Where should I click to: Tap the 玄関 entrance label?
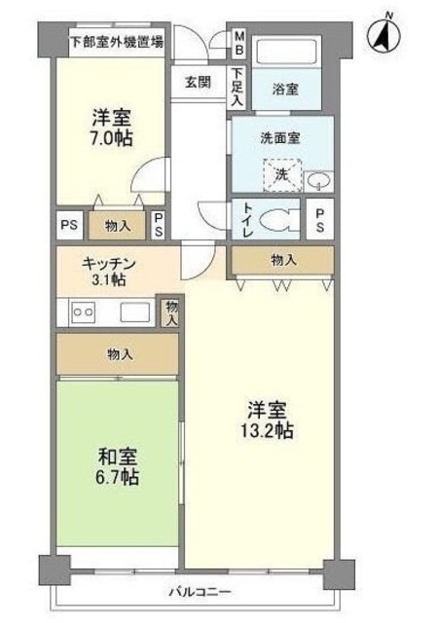(x=199, y=82)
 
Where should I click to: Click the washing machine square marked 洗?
(x=280, y=174)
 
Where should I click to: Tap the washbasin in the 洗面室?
(x=318, y=180)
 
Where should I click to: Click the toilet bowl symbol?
(x=281, y=220)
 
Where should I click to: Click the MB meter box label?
(x=238, y=45)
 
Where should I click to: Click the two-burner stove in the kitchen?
(x=82, y=311)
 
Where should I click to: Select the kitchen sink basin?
(x=134, y=311)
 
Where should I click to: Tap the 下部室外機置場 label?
(x=117, y=42)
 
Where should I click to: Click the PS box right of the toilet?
(x=319, y=220)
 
